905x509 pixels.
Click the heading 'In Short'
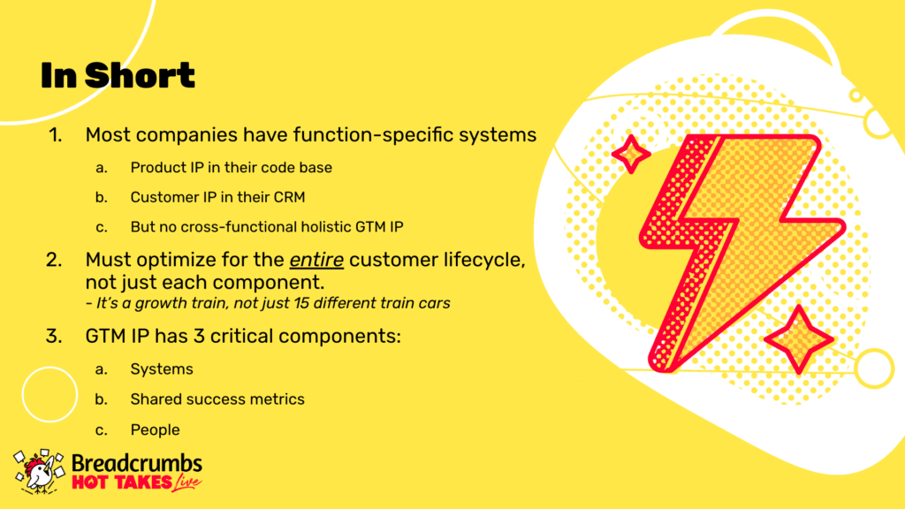[x=118, y=76]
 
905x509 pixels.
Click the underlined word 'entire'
[x=316, y=260]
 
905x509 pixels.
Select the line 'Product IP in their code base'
[x=231, y=167]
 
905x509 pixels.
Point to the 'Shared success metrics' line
[x=217, y=399]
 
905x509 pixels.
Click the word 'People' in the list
[x=155, y=430]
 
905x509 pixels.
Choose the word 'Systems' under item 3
[x=162, y=369]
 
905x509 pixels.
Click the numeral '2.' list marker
[x=54, y=261]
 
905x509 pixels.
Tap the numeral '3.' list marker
[x=54, y=336]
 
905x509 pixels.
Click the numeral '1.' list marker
[x=56, y=135]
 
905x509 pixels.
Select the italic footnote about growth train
[x=268, y=303]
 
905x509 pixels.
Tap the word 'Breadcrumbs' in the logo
[x=137, y=463]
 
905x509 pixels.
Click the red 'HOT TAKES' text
[x=122, y=482]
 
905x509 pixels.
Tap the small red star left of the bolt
[x=631, y=154]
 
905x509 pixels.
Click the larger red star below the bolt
[x=799, y=340]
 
